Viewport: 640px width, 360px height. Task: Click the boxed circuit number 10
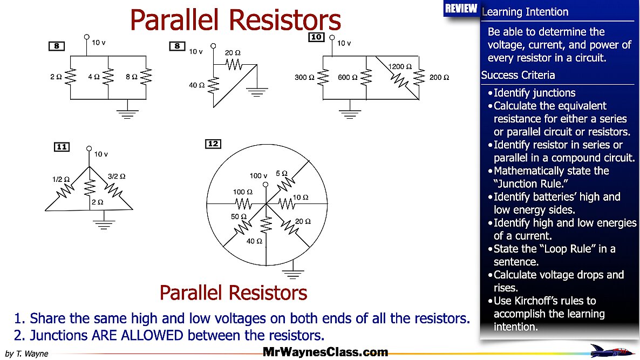click(316, 37)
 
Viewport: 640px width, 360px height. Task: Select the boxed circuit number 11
click(62, 147)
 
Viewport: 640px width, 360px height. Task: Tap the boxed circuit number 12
click(213, 144)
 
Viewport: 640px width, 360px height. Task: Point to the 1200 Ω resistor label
click(400, 67)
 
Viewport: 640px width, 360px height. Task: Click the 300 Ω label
click(304, 78)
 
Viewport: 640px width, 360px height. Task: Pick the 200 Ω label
click(439, 78)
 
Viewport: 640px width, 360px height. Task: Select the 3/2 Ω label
click(117, 176)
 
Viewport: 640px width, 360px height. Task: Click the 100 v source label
click(258, 175)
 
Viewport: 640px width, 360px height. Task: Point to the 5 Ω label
click(281, 173)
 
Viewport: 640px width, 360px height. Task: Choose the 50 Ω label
click(238, 216)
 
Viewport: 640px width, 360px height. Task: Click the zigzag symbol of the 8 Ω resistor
click(146, 78)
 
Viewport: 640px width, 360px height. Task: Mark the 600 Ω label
click(348, 78)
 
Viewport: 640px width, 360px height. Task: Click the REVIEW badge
click(461, 9)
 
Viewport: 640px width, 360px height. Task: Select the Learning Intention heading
click(525, 12)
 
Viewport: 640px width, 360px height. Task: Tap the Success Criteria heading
click(518, 75)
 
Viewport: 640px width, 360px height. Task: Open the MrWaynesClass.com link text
click(325, 352)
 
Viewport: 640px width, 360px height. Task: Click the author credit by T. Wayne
click(26, 354)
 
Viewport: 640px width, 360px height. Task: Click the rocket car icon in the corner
click(612, 350)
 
